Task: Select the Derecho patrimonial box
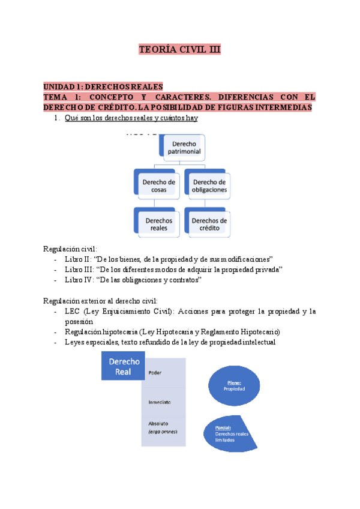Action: pos(187,148)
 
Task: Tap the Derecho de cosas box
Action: pos(159,186)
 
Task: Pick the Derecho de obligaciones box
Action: pos(209,186)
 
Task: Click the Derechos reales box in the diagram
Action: pos(159,224)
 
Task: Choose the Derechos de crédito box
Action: pos(209,224)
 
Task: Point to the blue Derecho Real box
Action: pos(124,367)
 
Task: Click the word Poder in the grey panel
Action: pos(155,373)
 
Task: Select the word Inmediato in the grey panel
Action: pos(159,402)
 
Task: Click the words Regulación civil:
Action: pos(70,248)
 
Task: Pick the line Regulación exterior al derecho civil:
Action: pos(102,300)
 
